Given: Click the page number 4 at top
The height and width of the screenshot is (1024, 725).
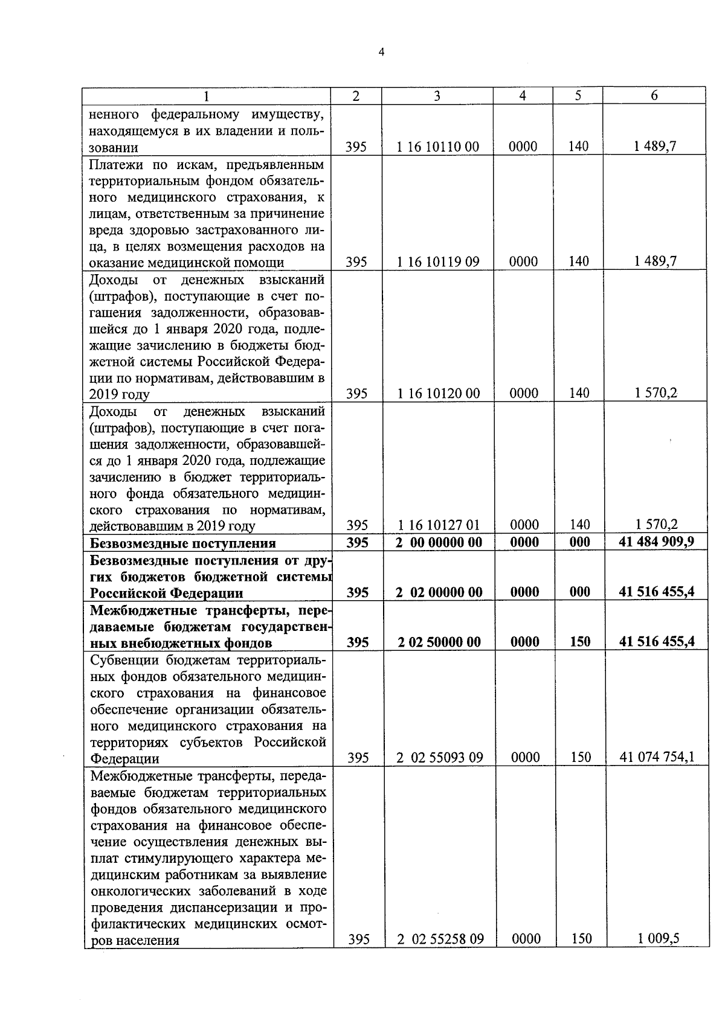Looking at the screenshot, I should pos(381,52).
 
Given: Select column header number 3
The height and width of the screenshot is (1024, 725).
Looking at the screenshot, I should pos(437,96).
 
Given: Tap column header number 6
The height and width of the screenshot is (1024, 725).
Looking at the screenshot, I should pos(654,96).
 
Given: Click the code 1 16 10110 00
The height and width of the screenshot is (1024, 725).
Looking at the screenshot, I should pos(438,147).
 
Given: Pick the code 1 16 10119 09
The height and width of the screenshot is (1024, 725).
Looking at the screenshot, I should pos(438,261).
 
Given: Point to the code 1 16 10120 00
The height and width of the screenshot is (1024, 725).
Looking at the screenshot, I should pos(439,394).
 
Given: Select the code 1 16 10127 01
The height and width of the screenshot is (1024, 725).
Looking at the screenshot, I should pos(439,525).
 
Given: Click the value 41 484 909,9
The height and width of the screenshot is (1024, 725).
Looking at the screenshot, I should pos(656,542).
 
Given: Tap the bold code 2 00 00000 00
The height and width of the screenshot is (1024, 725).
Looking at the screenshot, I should pos(439,543).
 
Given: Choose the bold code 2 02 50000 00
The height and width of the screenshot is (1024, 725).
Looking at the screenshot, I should pos(439,642).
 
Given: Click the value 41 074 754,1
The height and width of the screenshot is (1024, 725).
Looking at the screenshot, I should pos(657,757).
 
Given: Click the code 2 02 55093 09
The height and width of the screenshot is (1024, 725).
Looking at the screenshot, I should pos(439,757).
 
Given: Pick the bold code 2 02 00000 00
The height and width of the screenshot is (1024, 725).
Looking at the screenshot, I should pos(439,592).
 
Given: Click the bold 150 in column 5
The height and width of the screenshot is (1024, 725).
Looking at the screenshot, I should pos(579,642).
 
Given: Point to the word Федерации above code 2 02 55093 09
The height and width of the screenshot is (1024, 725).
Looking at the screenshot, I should pos(125,758).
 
